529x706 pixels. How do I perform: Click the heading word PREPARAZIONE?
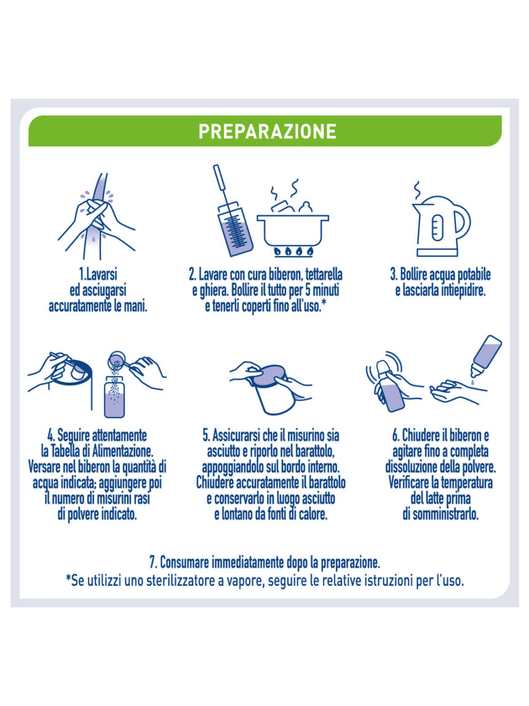[267, 132]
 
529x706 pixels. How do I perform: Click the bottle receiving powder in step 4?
[114, 398]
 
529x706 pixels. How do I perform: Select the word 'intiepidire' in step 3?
[463, 291]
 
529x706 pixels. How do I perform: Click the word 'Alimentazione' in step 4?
[122, 451]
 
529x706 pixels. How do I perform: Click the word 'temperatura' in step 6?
[466, 483]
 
